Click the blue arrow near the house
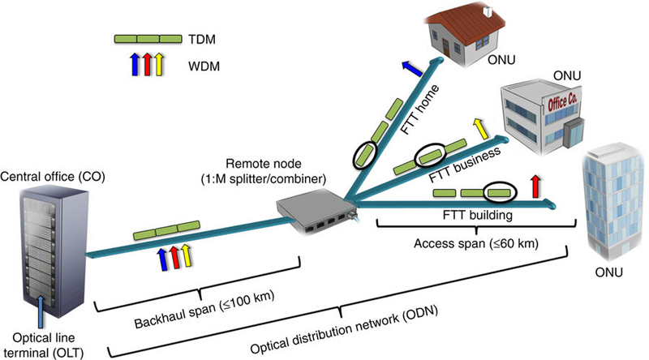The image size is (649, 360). tap(410, 68)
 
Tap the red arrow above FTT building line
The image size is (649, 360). tap(534, 185)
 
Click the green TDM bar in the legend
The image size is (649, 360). tap(148, 39)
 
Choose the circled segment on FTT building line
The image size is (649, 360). tap(498, 192)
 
